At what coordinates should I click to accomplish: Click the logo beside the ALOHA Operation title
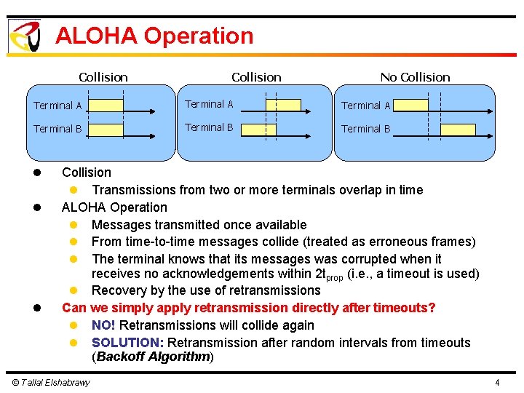coord(24,36)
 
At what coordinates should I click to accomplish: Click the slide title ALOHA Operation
coord(154,36)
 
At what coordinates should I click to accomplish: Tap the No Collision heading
coord(415,77)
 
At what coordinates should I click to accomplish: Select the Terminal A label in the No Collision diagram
coord(366,106)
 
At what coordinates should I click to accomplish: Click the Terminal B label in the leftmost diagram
coord(57,129)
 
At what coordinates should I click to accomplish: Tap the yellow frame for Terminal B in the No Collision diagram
coord(458,129)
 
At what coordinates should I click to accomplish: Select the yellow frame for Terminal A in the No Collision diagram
coord(410,106)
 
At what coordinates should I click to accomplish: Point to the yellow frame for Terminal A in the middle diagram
coord(283,106)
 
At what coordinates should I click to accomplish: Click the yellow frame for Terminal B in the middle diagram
coord(259,129)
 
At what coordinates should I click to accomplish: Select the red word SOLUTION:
coord(128,343)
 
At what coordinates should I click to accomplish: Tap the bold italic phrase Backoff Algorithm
coord(153,357)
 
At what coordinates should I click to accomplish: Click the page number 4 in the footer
coord(496,383)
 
